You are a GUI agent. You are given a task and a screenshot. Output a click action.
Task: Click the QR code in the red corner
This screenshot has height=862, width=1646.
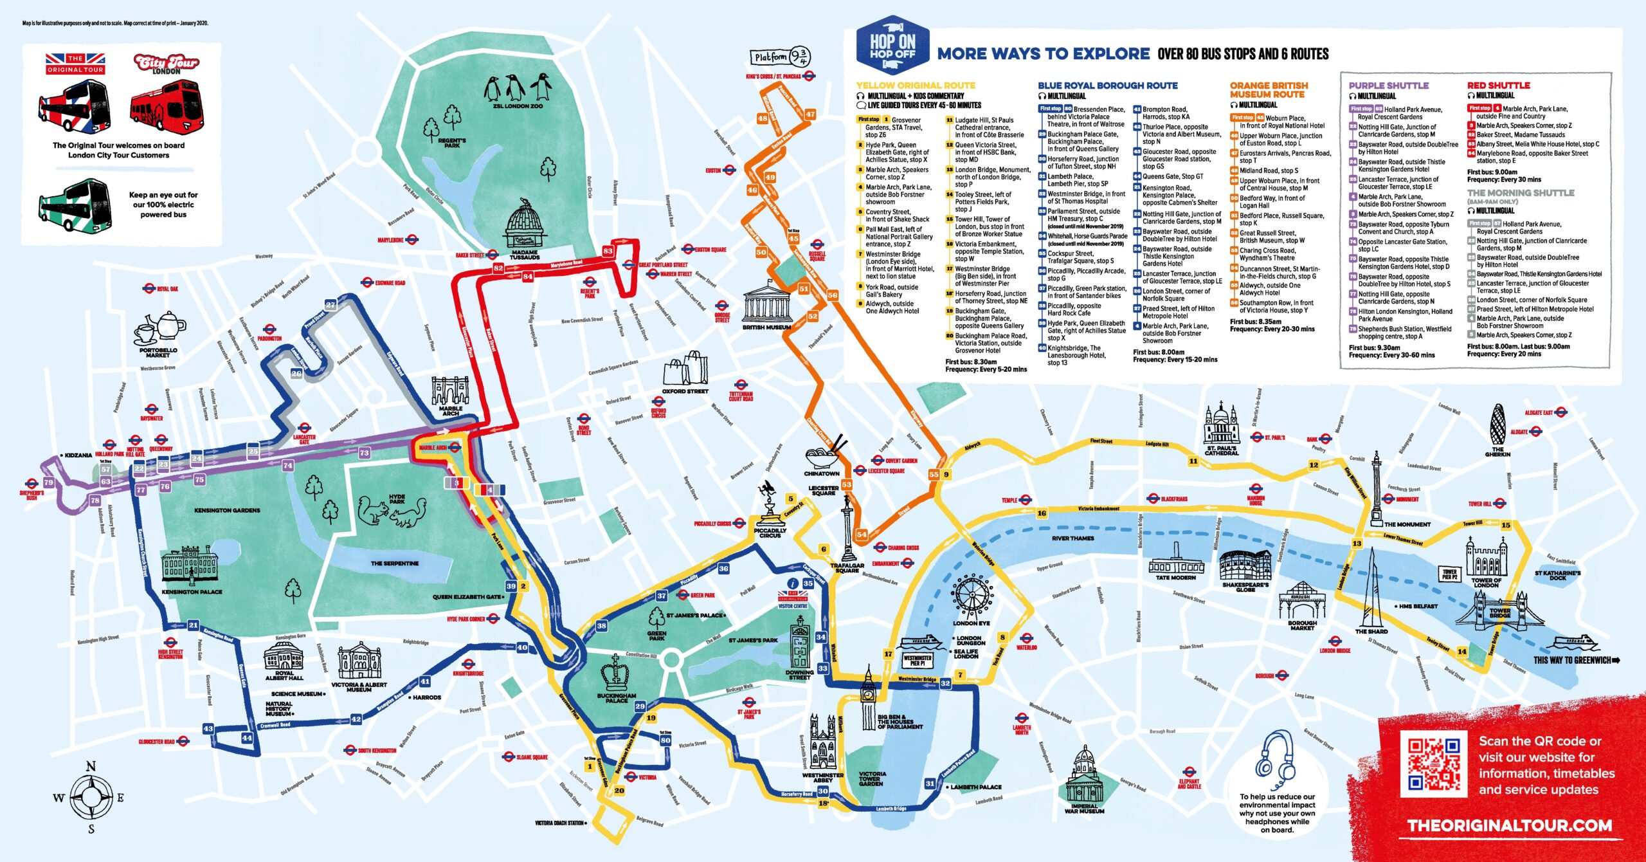click(1433, 764)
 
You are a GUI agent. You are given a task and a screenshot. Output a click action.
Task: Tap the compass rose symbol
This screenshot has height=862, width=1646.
click(91, 797)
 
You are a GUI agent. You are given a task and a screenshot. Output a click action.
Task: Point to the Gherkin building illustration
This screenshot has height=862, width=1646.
click(1497, 425)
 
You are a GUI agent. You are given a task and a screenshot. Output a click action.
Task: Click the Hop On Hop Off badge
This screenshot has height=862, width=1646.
click(892, 46)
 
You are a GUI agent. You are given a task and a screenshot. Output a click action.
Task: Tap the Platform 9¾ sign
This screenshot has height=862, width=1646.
click(780, 57)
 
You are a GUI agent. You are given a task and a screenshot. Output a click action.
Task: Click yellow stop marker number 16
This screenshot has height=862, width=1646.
click(1041, 513)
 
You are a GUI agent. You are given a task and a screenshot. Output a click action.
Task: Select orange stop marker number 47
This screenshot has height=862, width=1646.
click(810, 114)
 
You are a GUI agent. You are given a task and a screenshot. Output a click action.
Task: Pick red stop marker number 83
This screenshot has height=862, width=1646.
click(608, 251)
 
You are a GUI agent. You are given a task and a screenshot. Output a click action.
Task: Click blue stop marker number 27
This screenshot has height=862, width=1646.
click(330, 305)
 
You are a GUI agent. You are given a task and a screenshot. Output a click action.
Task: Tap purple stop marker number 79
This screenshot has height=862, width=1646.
click(49, 482)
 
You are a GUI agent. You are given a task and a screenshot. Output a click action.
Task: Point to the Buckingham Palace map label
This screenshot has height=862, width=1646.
click(616, 698)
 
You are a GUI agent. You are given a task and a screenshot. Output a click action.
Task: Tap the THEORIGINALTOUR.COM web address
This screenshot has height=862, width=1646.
click(1509, 825)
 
